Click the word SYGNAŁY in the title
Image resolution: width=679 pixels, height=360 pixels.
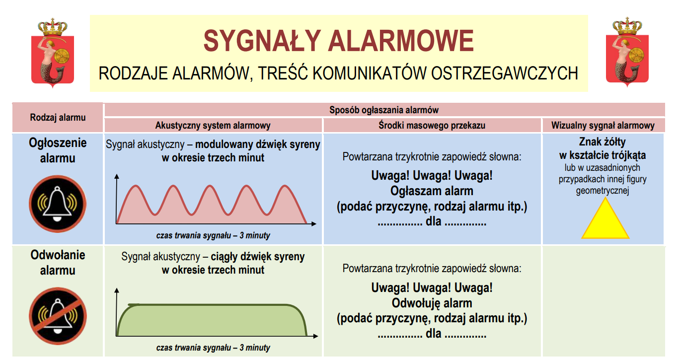(x=262, y=41)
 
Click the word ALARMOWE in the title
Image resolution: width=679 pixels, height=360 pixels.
(x=401, y=41)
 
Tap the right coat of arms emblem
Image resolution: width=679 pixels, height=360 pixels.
(x=627, y=52)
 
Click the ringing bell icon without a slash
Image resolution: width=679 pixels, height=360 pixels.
(x=58, y=204)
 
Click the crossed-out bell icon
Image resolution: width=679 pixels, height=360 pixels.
(x=58, y=316)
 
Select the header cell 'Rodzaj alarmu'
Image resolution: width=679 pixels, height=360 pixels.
(x=58, y=118)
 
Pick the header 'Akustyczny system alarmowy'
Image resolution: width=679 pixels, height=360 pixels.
(x=213, y=126)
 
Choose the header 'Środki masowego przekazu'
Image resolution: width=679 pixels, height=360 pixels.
(x=432, y=126)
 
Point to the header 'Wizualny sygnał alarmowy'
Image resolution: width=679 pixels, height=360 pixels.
(x=603, y=126)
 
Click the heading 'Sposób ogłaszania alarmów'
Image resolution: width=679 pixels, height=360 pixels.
(x=384, y=110)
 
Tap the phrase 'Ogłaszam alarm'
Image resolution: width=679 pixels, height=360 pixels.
(x=432, y=191)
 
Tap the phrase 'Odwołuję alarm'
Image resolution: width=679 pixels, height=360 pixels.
(x=432, y=303)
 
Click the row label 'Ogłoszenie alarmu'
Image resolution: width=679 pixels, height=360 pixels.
(x=58, y=150)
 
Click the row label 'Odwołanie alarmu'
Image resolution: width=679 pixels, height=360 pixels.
(x=58, y=262)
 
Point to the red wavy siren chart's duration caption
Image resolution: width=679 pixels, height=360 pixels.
(x=213, y=235)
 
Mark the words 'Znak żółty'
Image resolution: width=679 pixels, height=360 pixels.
(x=603, y=142)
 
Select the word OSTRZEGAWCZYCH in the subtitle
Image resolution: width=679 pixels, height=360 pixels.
(x=504, y=73)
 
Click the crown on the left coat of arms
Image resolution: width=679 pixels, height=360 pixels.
(x=53, y=27)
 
